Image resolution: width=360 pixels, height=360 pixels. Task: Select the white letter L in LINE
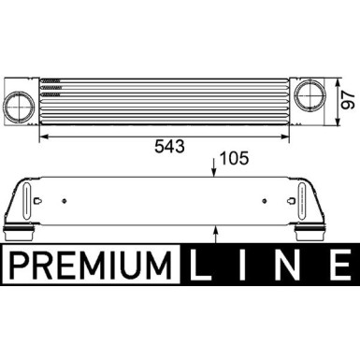tap(206, 265)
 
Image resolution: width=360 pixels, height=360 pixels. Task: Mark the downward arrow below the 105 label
tap(216, 172)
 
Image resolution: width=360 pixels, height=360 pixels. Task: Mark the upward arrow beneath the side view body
tap(216, 226)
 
